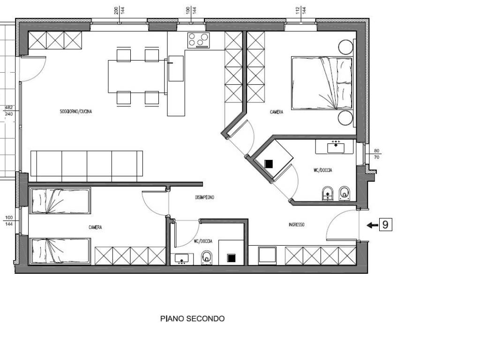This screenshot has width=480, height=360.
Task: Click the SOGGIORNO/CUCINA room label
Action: [x=75, y=112]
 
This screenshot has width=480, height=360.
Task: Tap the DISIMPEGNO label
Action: [x=204, y=197]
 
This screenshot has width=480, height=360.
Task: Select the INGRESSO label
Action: [x=296, y=225]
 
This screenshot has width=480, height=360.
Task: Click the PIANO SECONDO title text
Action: [x=192, y=319]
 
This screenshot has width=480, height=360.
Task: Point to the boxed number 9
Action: [x=385, y=225]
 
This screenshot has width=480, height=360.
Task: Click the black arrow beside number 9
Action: [x=372, y=225]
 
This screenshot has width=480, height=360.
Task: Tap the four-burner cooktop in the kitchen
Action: [x=199, y=40]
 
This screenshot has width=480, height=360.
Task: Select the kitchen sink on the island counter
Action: [x=176, y=68]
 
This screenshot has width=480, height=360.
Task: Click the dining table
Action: [x=137, y=76]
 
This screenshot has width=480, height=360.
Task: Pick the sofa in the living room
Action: [x=87, y=166]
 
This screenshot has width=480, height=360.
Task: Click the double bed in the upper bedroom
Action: [x=322, y=83]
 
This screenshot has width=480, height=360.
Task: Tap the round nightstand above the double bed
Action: [x=345, y=47]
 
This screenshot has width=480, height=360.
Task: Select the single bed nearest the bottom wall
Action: [x=60, y=251]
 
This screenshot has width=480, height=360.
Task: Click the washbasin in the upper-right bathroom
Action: [x=336, y=147]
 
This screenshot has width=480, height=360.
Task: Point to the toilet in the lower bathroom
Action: [x=207, y=258]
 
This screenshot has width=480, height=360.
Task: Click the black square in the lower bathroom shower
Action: [x=232, y=258]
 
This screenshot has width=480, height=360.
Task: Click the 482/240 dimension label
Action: [x=9, y=111]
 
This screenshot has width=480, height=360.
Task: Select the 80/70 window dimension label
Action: [x=376, y=154]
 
